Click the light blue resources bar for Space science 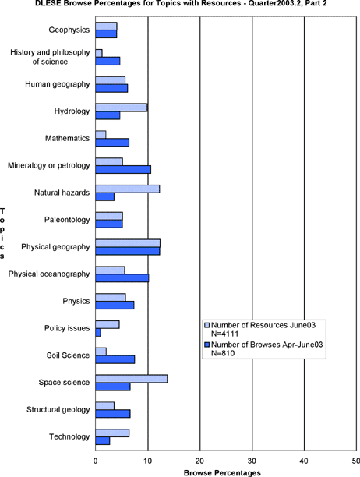point(132,379)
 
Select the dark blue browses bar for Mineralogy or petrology point(123,169)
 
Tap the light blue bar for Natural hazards point(128,189)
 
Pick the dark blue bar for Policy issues point(98,333)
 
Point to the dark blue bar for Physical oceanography point(122,278)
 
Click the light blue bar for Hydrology point(122,108)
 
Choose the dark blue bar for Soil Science point(115,359)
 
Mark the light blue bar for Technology point(112,433)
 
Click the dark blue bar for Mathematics point(112,143)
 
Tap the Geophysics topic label point(69,30)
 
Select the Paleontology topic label point(67,220)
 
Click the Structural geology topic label point(58,409)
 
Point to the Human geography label point(58,84)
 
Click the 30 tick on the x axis point(252,461)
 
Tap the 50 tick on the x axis point(356,461)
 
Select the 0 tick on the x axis point(96,461)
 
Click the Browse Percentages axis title point(222,473)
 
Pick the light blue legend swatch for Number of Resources point(207,325)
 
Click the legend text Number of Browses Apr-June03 point(267,344)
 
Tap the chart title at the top point(181,4)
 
